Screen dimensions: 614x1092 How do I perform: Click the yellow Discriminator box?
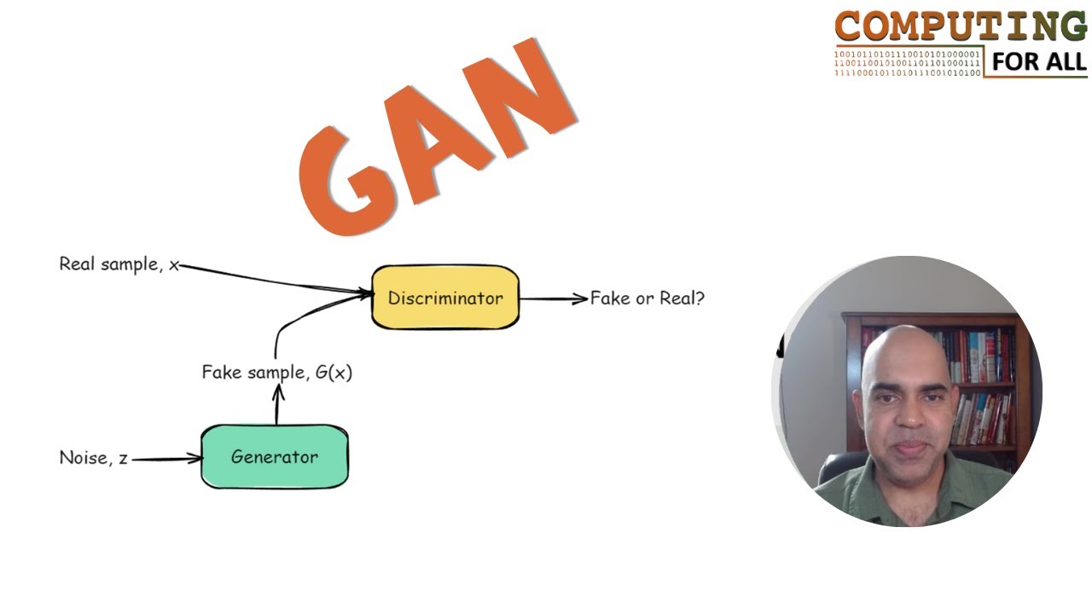tap(444, 298)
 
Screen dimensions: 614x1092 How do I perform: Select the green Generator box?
tap(274, 457)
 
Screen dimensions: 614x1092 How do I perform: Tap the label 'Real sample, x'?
tap(119, 264)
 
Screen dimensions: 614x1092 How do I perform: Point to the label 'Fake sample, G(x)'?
tap(276, 373)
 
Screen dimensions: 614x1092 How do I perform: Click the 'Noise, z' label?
tap(93, 458)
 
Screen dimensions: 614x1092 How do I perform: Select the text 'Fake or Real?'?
tap(647, 298)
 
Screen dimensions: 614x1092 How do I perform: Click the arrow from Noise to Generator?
tap(166, 459)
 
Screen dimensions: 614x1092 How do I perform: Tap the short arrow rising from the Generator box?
tap(276, 405)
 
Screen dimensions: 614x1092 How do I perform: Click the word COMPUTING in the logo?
tap(960, 28)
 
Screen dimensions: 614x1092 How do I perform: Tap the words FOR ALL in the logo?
tap(1039, 61)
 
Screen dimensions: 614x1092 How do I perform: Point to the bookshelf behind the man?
tap(981, 375)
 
